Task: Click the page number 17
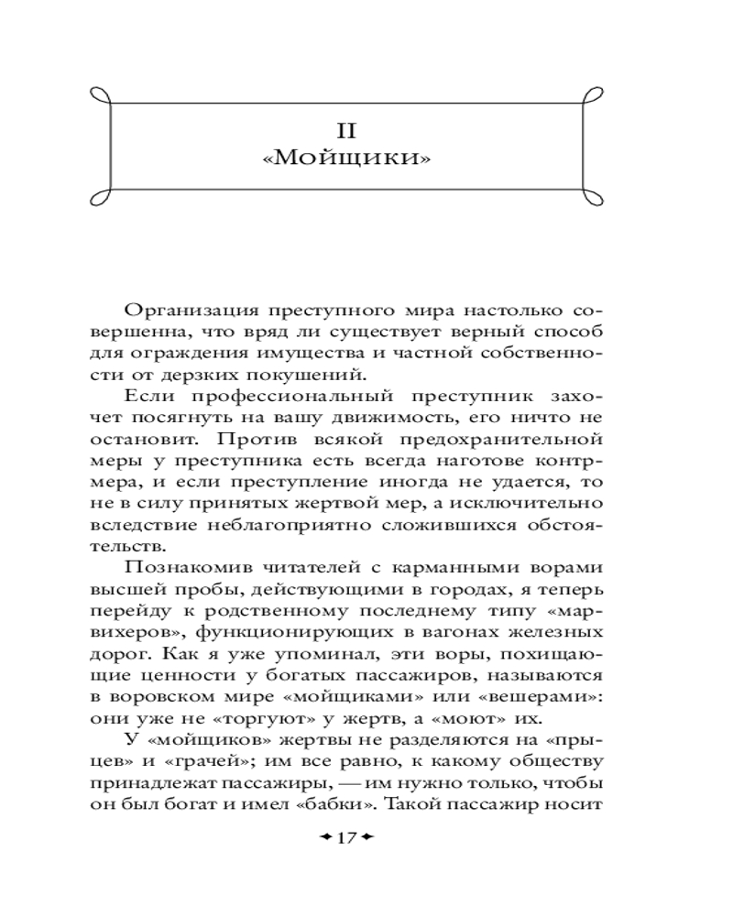(x=345, y=839)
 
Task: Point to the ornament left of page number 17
(x=323, y=839)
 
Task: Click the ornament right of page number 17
(x=368, y=839)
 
